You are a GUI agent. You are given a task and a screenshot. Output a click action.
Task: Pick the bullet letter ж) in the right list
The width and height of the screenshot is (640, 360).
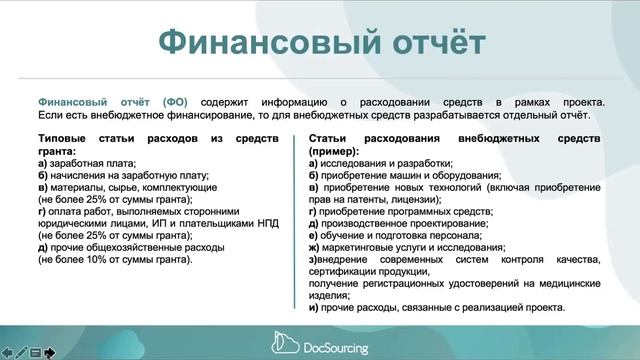[315, 246]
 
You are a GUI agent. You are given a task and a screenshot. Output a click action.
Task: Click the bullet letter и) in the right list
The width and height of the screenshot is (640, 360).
[315, 307]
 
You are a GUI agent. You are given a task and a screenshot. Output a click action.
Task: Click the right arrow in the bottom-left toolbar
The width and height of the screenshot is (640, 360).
[49, 353]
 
